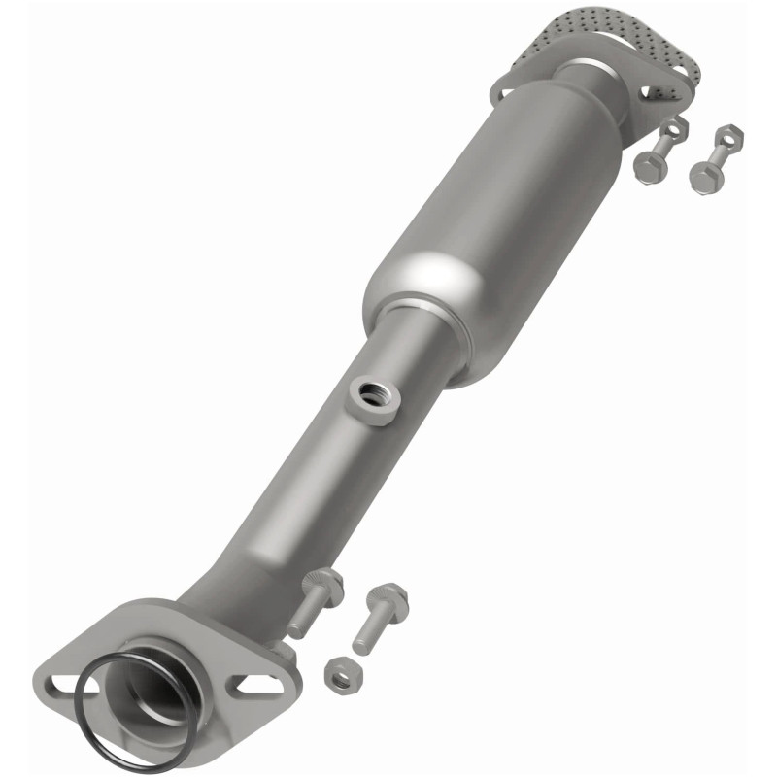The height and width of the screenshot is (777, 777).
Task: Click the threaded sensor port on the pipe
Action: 371,394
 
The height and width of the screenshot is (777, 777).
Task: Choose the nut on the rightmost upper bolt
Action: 728,135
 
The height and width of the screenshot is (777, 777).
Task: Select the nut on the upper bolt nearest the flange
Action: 673,126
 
